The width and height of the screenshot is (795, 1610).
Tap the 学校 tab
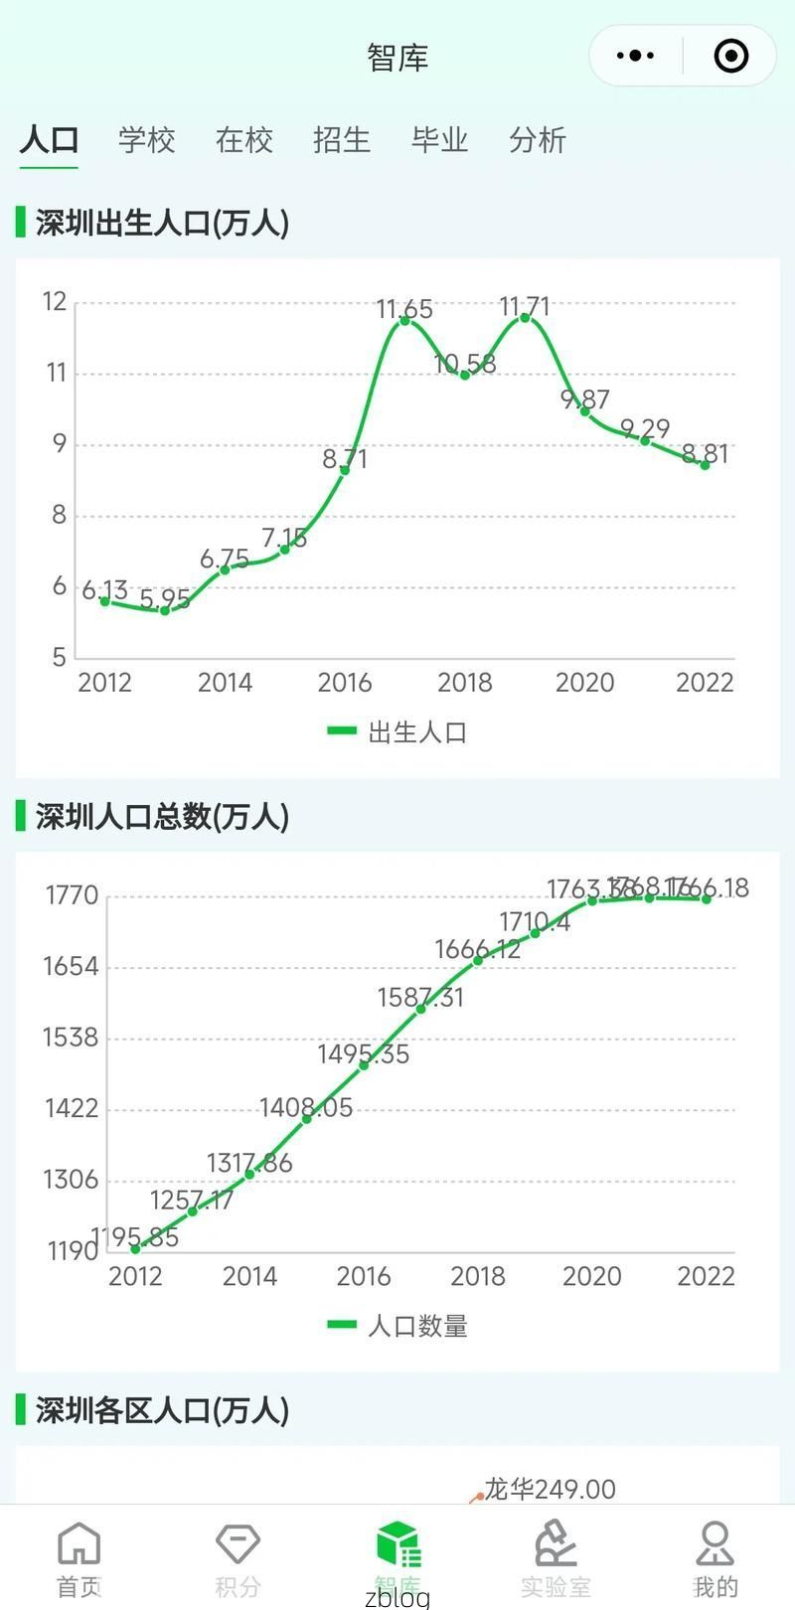tap(146, 140)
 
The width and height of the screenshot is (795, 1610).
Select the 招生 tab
tap(342, 140)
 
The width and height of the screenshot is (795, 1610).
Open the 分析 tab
tap(538, 140)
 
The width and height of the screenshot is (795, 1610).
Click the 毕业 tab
tap(439, 140)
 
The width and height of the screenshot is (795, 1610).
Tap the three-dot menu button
tap(635, 56)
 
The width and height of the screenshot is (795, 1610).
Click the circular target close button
tap(731, 56)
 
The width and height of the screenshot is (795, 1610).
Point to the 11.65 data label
tap(404, 309)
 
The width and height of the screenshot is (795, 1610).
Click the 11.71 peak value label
tap(524, 306)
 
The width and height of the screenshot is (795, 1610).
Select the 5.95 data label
tap(165, 599)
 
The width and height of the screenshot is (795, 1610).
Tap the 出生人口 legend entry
tap(398, 732)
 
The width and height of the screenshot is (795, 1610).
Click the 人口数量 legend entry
tap(398, 1326)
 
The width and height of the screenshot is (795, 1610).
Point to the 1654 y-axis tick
tap(71, 966)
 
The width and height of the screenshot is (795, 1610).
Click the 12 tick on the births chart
tap(55, 301)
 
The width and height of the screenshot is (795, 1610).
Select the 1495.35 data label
tap(363, 1053)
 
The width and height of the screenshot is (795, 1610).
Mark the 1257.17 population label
tap(192, 1200)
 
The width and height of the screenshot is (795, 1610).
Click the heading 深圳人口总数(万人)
tap(162, 817)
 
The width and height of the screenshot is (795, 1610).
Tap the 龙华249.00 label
tap(550, 1489)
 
